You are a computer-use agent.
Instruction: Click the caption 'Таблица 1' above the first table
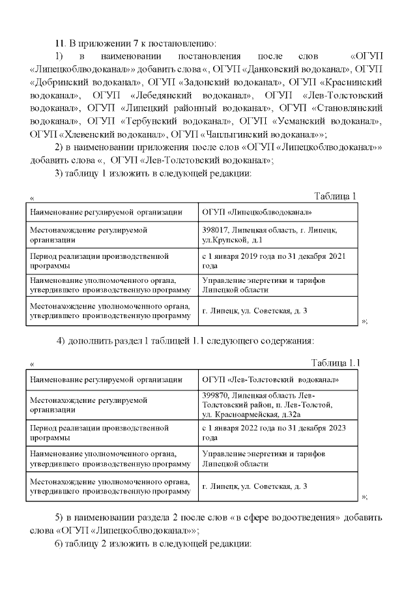335,196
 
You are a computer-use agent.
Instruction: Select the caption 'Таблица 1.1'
335,362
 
